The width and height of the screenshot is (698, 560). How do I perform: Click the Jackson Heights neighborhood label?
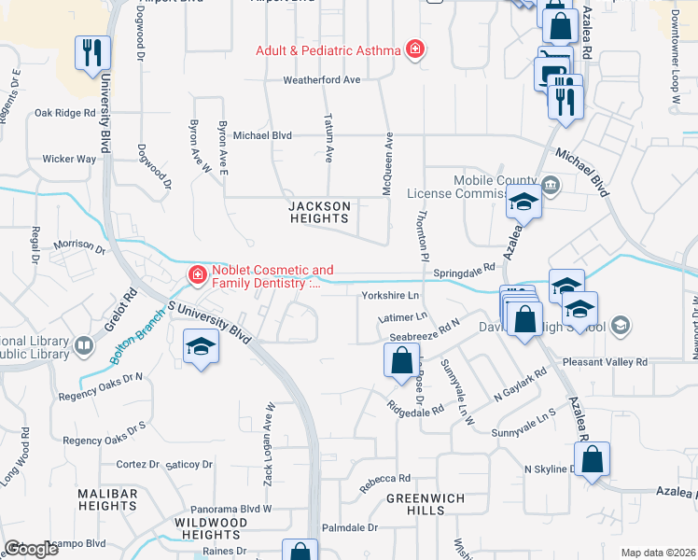click(x=319, y=212)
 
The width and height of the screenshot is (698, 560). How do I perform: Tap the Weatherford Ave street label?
click(x=322, y=80)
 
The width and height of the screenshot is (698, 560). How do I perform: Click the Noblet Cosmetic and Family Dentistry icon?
click(x=197, y=274)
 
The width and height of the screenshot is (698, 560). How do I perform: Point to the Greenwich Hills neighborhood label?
click(x=426, y=505)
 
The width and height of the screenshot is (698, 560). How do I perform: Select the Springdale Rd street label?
click(x=464, y=269)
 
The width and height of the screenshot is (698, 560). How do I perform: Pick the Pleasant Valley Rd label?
click(x=605, y=361)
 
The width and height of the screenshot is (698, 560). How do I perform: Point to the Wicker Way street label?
click(x=69, y=160)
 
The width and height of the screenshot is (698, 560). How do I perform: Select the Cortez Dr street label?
click(x=138, y=464)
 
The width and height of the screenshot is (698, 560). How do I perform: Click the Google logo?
click(x=31, y=549)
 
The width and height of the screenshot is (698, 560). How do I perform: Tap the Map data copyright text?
click(x=658, y=553)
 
